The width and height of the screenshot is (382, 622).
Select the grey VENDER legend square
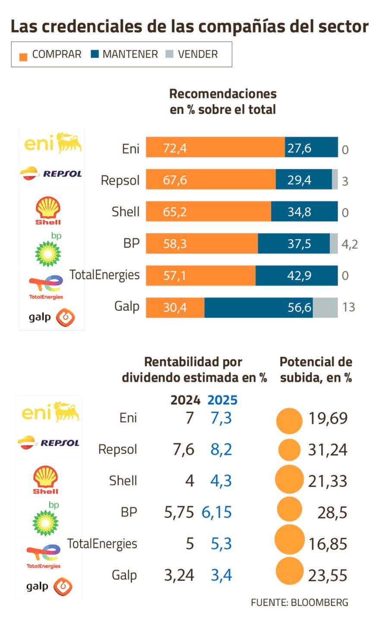click(170, 54)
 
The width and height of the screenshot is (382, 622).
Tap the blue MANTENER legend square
click(95, 54)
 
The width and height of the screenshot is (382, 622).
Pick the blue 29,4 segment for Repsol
click(303, 179)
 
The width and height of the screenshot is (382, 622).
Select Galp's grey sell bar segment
click(325, 308)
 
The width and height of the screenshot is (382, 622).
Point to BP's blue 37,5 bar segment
click(294, 244)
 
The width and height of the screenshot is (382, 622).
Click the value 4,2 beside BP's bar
click(350, 244)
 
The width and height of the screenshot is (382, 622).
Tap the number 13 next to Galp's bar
click(348, 308)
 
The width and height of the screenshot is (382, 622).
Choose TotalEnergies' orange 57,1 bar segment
click(200, 276)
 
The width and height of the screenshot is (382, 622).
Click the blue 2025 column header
click(222, 400)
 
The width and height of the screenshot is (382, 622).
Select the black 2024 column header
click(185, 400)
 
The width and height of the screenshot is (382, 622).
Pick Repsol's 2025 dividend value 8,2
click(221, 450)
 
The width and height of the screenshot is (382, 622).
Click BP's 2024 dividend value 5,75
click(179, 512)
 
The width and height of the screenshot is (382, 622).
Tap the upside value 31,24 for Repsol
click(327, 450)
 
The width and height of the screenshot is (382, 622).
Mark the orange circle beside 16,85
click(289, 540)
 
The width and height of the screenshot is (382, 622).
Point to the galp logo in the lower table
click(49, 586)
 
